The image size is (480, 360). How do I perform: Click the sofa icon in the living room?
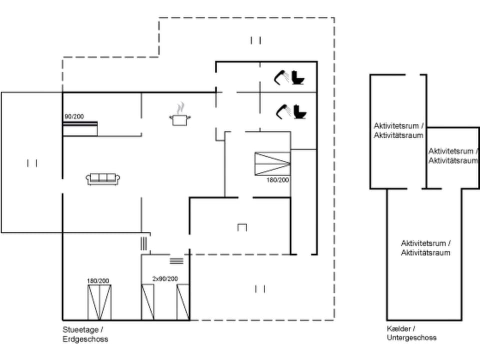coord(102,178)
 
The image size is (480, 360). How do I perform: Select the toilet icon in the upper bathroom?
coord(298,77)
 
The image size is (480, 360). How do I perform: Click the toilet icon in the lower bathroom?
coord(299,111)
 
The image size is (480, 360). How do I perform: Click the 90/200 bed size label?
coord(74,116)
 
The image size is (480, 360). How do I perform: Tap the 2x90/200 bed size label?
coord(165,279)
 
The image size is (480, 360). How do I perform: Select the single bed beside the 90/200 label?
coord(79,128)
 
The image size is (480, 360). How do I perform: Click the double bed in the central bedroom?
coord(272,163)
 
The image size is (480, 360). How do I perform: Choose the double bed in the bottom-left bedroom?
coord(99,302)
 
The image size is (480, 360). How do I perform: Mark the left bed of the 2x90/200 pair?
coord(147,302)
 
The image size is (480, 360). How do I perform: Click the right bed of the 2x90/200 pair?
coord(183,302)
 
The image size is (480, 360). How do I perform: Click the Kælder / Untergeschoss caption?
coord(411,333)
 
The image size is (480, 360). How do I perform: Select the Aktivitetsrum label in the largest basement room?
coord(425,248)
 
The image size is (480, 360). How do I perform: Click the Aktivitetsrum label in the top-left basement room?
coord(398,130)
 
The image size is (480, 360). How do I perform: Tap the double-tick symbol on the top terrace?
coord(255,40)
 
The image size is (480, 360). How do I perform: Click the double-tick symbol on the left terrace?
coord(32,163)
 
